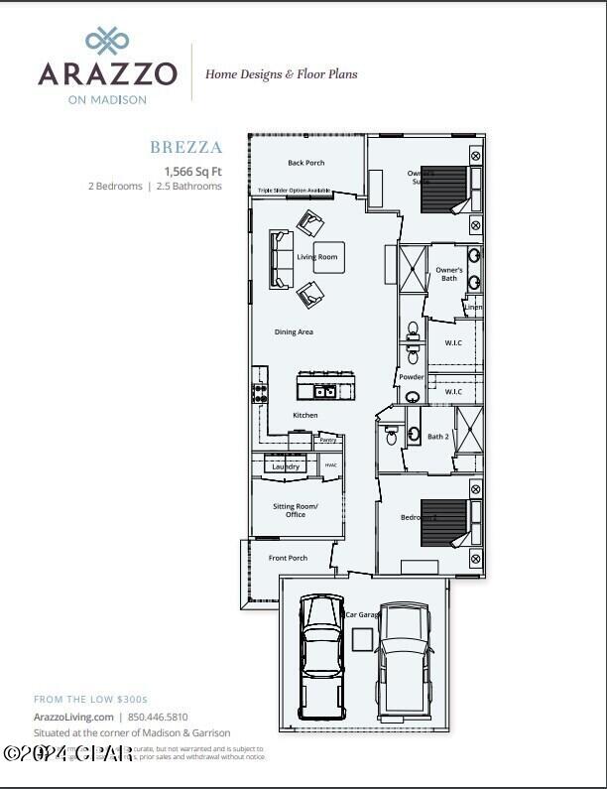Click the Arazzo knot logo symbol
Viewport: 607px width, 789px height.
pyautogui.click(x=107, y=41)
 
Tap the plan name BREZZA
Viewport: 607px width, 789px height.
pyautogui.click(x=186, y=148)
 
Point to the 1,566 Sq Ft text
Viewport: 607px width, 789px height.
pyautogui.click(x=192, y=171)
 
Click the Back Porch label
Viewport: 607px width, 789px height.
pyautogui.click(x=306, y=163)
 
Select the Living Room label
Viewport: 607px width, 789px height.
pyautogui.click(x=317, y=257)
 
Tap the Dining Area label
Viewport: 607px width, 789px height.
pyautogui.click(x=294, y=331)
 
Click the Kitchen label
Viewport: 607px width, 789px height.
pyautogui.click(x=305, y=415)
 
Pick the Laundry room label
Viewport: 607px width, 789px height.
pyautogui.click(x=286, y=466)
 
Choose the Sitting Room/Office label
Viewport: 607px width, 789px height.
pyautogui.click(x=296, y=510)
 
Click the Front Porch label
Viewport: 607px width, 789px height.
pyautogui.click(x=288, y=558)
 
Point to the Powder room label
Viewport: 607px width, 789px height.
pyautogui.click(x=412, y=377)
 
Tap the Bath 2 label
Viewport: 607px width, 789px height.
pyautogui.click(x=438, y=437)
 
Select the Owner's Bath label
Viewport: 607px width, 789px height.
pyautogui.click(x=449, y=274)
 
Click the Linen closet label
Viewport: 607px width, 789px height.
pyautogui.click(x=473, y=308)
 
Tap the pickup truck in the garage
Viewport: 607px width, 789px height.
pyautogui.click(x=405, y=655)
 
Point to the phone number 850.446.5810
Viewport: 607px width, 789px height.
pyautogui.click(x=157, y=717)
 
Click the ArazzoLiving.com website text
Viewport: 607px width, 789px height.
pyautogui.click(x=72, y=717)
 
